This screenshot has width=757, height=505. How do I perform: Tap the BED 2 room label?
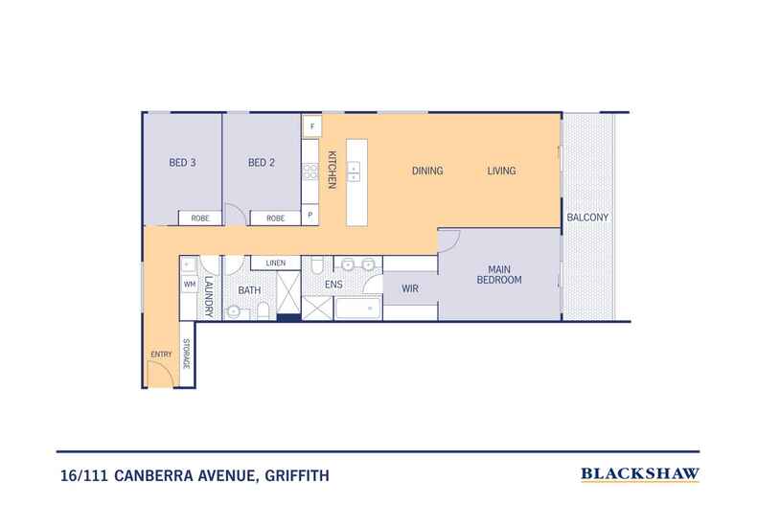click(x=262, y=163)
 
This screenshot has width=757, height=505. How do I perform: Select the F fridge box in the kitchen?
click(x=311, y=125)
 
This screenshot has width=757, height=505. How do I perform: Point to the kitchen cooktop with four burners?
click(x=310, y=172)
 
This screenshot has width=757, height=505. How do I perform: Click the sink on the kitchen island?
click(x=355, y=172)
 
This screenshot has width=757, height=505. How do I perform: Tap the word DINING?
click(x=427, y=172)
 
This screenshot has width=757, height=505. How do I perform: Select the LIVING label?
click(x=501, y=172)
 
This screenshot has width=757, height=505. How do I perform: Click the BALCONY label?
click(x=587, y=218)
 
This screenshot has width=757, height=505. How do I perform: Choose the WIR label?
click(x=409, y=287)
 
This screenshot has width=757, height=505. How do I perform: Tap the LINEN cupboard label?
click(x=276, y=263)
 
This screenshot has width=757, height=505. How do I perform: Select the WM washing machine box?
click(x=188, y=285)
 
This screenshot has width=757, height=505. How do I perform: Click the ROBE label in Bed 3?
click(x=200, y=218)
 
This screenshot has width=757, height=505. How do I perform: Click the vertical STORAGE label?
click(x=187, y=355)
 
